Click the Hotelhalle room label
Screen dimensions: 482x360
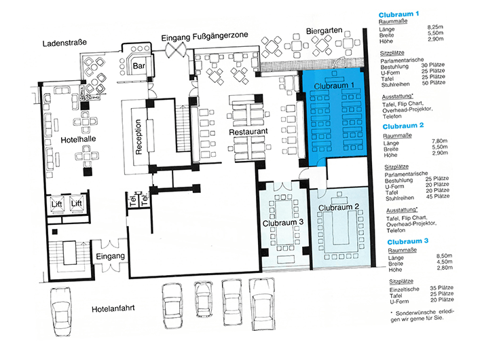pyautogui.click(x=78, y=139)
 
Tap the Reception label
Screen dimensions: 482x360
pyautogui.click(x=138, y=137)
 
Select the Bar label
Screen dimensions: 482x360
pyautogui.click(x=139, y=66)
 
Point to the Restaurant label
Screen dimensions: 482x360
pyautogui.click(x=248, y=132)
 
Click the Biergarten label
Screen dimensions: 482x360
pyautogui.click(x=324, y=31)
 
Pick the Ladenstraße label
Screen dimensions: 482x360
pyautogui.click(x=64, y=43)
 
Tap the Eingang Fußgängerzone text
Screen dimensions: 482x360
pyautogui.click(x=205, y=37)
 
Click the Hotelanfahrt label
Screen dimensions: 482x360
pyautogui.click(x=113, y=308)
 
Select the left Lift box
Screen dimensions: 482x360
pyautogui.click(x=57, y=204)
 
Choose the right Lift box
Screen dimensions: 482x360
pyautogui.click(x=77, y=203)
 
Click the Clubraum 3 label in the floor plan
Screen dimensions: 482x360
pyautogui.click(x=283, y=223)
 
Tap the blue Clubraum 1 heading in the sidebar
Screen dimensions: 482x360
pyautogui.click(x=398, y=14)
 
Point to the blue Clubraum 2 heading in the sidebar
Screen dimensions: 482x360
pyautogui.click(x=403, y=126)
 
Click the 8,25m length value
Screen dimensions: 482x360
pyautogui.click(x=435, y=27)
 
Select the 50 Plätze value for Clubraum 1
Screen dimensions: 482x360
pyautogui.click(x=434, y=83)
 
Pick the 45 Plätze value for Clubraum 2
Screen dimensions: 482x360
pyautogui.click(x=438, y=196)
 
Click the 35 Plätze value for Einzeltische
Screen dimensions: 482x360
pyautogui.click(x=442, y=288)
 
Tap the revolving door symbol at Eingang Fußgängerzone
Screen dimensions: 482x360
pyautogui.click(x=176, y=50)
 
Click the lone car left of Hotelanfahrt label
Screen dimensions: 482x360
pyautogui.click(x=61, y=311)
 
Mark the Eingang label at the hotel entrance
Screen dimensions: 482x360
pyautogui.click(x=111, y=256)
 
